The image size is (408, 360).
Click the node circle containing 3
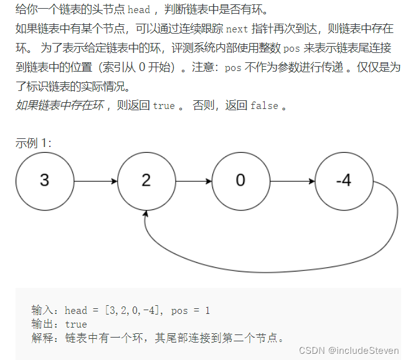click(44, 181)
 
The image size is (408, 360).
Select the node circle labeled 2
click(146, 181)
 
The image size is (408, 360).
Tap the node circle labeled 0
click(240, 181)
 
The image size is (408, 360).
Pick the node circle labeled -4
click(344, 181)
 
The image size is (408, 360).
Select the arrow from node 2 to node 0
click(193, 181)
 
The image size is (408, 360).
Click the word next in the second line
click(237, 29)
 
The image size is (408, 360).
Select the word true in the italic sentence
click(164, 106)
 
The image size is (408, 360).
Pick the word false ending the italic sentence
click(264, 106)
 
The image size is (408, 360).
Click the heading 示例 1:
click(34, 143)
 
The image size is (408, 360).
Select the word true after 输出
click(76, 324)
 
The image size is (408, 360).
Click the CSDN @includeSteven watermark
click(349, 351)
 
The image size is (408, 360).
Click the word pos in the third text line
click(291, 48)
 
